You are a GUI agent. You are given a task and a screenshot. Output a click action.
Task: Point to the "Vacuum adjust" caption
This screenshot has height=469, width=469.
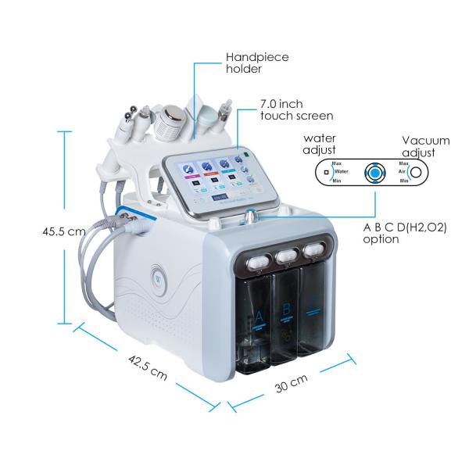pos(426,145)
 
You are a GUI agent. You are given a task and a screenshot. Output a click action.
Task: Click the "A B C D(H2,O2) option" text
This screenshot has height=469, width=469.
pos(406,233)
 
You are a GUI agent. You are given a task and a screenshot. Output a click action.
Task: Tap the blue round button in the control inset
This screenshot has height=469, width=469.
pos(376,172)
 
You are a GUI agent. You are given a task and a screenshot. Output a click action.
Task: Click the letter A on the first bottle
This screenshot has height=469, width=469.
pos(256,318)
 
